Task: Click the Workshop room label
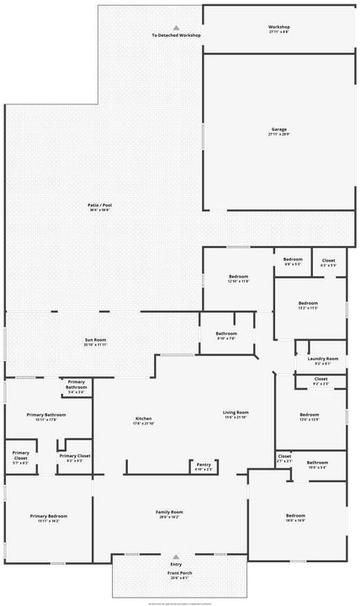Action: pos(278,27)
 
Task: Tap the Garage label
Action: pos(278,130)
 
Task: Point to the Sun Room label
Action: pos(95,339)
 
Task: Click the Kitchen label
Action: pos(143,418)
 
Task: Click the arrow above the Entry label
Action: pos(176,556)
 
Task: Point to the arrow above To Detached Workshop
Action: pos(176,28)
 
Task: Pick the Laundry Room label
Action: pos(322,359)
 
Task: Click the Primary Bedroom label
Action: pos(48,516)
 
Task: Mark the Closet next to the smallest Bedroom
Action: pos(328,261)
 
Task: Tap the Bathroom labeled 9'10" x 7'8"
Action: pos(225,333)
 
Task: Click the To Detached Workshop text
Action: pos(176,36)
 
